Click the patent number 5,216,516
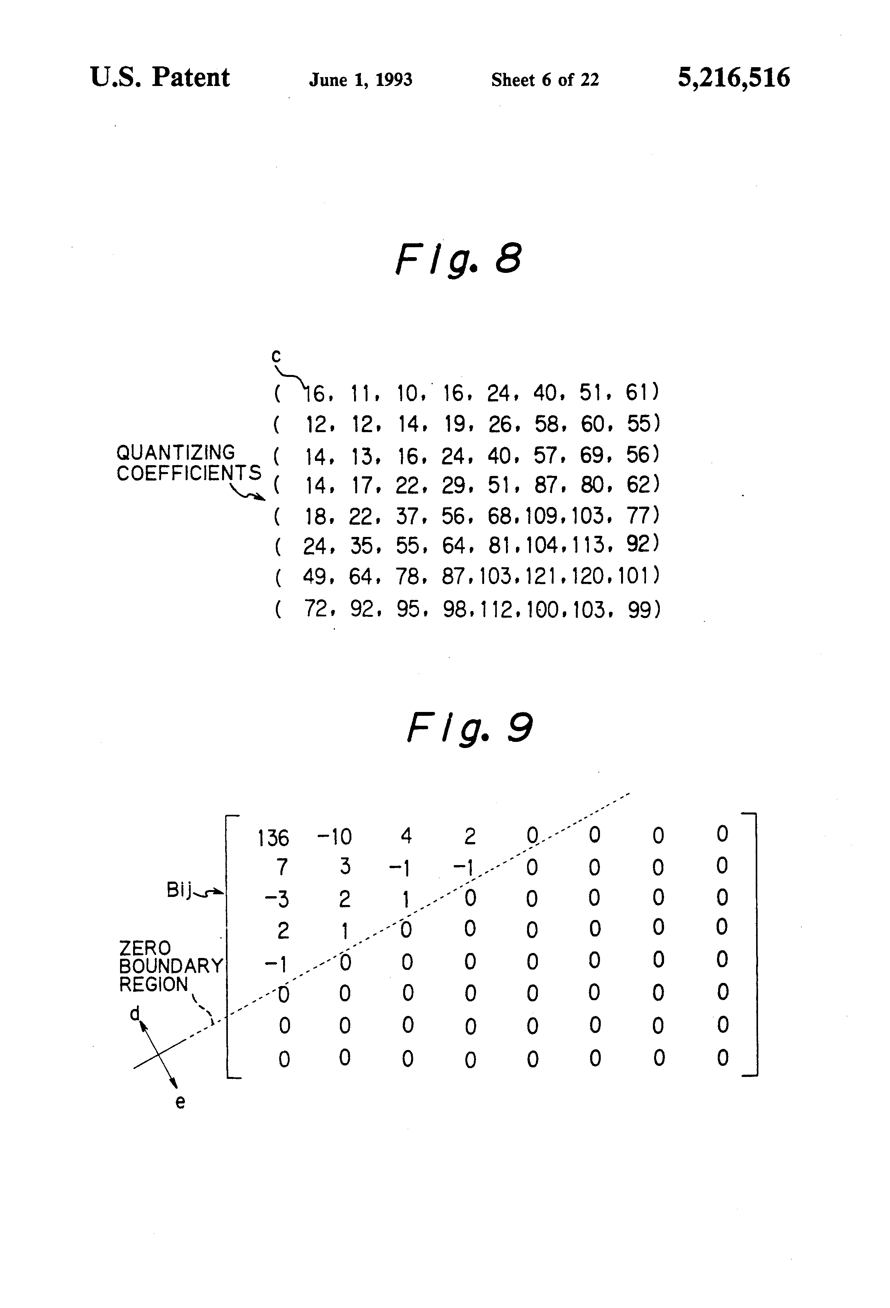[x=733, y=78]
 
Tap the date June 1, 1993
[x=360, y=80]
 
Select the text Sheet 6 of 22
[x=545, y=80]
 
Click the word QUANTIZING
[x=176, y=453]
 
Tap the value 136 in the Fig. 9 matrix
[x=274, y=839]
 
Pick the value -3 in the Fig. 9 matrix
[x=277, y=899]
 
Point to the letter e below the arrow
[x=180, y=1102]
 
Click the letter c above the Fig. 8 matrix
[x=276, y=356]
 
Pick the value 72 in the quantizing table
[x=316, y=608]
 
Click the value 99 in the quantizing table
[x=639, y=609]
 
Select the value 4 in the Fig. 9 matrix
[x=406, y=836]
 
